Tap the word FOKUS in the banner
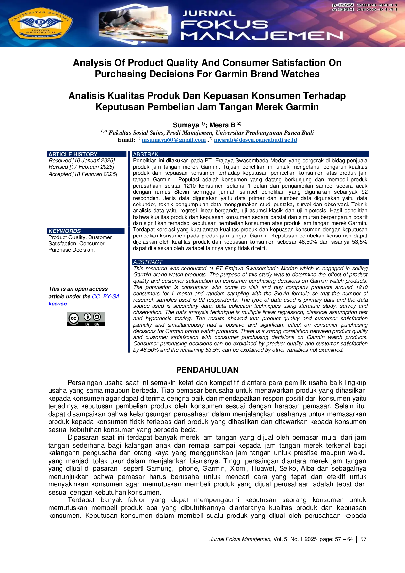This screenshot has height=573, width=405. click(x=224, y=25)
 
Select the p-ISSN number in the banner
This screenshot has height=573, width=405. click(x=377, y=5)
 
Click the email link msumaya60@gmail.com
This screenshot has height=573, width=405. click(x=174, y=140)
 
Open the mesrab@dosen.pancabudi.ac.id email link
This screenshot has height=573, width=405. click(x=255, y=140)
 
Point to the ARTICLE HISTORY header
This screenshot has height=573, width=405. click(x=73, y=154)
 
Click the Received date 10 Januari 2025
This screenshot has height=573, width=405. click(x=82, y=160)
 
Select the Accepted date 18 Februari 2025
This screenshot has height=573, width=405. click(x=83, y=174)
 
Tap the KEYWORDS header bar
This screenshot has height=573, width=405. click(x=86, y=231)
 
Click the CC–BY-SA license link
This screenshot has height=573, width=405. click(x=105, y=296)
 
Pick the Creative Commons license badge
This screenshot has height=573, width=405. click(x=86, y=319)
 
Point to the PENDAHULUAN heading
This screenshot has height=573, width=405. click(x=207, y=370)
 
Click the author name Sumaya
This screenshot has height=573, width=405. click(x=186, y=125)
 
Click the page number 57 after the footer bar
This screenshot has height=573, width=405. click(x=364, y=539)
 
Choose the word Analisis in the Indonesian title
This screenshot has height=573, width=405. click(x=87, y=96)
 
